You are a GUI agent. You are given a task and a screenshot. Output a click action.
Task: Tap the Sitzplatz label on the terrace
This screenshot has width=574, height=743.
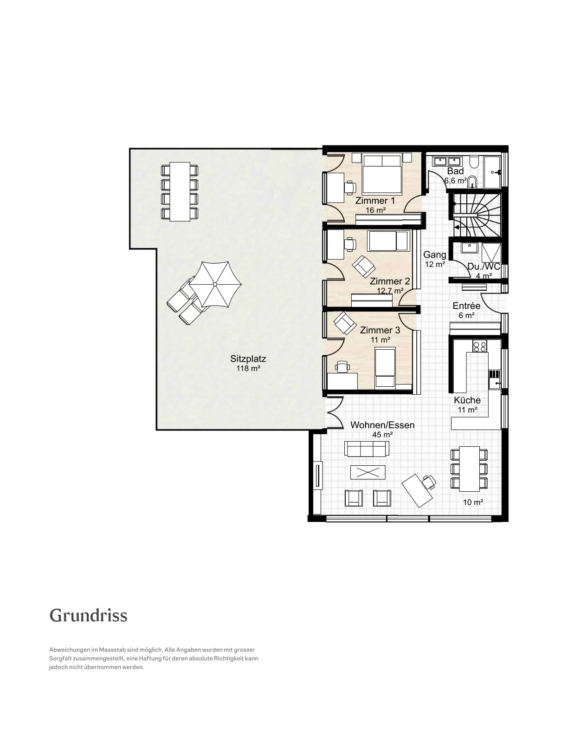click(248, 358)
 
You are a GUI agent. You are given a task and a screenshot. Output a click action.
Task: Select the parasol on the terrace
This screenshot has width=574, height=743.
click(215, 285)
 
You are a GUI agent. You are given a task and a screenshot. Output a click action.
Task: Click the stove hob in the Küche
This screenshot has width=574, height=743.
click(479, 346)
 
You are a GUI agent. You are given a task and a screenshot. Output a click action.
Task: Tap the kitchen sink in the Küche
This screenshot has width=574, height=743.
click(494, 380)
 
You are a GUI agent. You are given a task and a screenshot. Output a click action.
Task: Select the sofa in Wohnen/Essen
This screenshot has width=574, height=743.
click(367, 448)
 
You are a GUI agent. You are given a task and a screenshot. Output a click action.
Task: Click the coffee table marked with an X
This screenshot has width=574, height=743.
click(368, 473)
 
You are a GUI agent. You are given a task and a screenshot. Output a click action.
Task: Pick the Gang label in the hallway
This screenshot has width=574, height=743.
click(435, 255)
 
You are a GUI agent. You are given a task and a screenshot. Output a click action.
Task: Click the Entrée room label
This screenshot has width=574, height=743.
click(466, 306)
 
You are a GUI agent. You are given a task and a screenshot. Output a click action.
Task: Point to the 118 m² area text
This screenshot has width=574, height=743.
click(248, 369)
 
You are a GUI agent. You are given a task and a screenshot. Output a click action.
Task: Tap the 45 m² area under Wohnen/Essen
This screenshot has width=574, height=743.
click(382, 435)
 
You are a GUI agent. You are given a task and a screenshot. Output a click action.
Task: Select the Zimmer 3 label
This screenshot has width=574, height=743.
click(380, 330)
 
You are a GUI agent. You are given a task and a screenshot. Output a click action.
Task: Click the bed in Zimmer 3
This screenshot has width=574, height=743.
click(385, 368)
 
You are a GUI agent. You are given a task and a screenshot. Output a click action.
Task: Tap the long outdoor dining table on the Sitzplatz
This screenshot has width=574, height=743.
click(180, 192)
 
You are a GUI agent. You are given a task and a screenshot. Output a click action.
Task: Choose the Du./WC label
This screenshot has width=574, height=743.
click(484, 267)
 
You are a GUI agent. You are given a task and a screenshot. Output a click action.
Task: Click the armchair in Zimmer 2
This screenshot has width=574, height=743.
click(363, 267)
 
